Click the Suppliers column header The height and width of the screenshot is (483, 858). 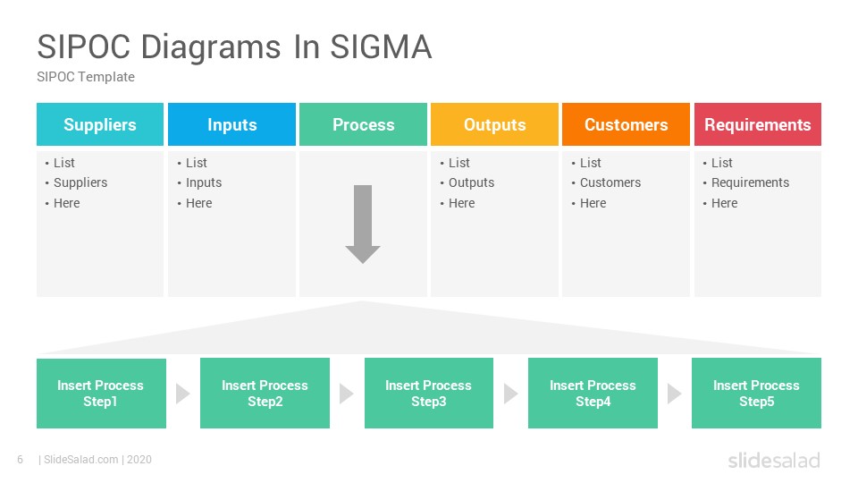coord(100,124)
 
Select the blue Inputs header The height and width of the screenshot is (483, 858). coord(232,124)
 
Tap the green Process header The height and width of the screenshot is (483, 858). coord(364,124)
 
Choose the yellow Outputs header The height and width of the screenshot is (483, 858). coord(494,124)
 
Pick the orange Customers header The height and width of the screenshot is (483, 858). coord(626,124)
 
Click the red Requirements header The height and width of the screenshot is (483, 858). coord(758,124)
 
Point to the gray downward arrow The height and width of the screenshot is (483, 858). coord(363,224)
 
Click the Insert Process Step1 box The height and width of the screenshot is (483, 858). coord(101,394)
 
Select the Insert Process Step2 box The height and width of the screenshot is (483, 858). coord(265,394)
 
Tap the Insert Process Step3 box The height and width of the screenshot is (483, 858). coord(429,394)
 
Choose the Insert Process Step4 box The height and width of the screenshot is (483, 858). coord(593,394)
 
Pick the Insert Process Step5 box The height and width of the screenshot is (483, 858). coord(756,394)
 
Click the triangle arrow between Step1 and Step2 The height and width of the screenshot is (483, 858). coord(182,394)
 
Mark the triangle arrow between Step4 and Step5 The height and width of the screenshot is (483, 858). coord(674,394)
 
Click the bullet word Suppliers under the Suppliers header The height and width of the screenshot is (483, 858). coord(80,182)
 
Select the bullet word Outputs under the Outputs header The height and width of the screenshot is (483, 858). coord(471,182)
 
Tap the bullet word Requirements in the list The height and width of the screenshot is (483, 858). coord(750,182)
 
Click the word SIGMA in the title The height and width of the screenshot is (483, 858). coord(381,47)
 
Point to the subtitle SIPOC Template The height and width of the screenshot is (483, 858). coord(86,77)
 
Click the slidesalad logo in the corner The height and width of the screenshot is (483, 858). coord(774,460)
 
